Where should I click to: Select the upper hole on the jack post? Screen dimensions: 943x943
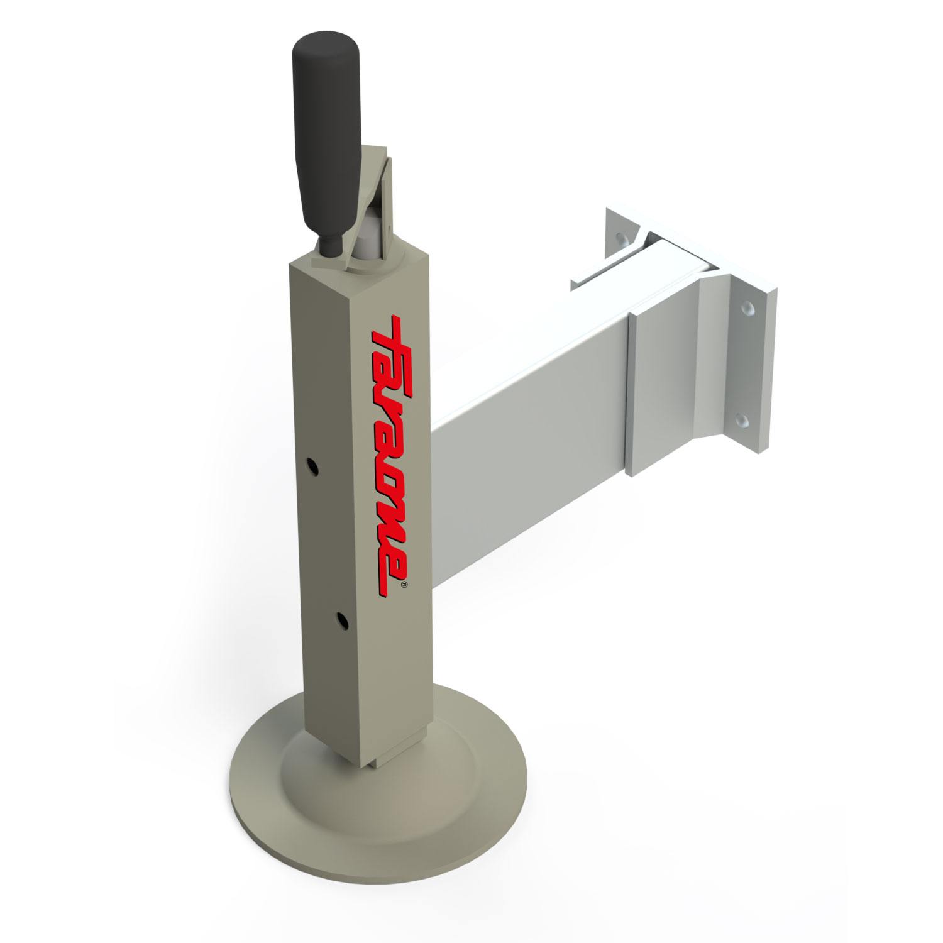point(312,466)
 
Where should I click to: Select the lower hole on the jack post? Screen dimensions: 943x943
point(343,620)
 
